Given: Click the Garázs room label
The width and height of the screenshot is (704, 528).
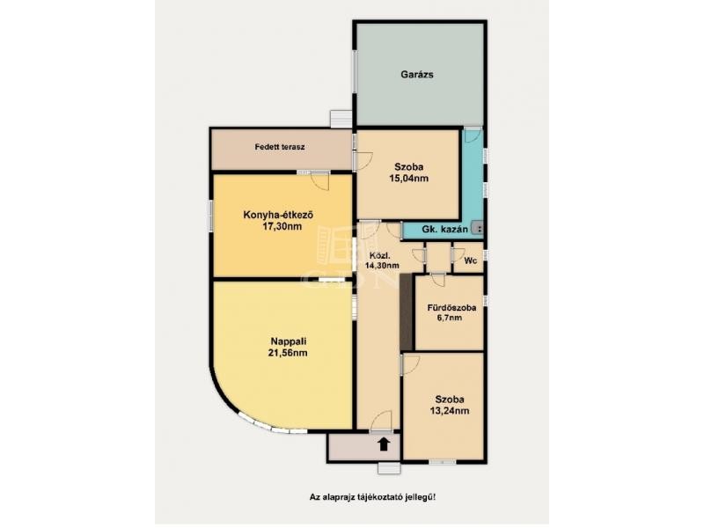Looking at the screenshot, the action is (417, 75).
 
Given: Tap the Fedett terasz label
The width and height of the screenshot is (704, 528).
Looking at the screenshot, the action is (280, 147).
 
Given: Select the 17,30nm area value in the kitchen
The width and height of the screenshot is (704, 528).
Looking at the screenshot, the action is (282, 227).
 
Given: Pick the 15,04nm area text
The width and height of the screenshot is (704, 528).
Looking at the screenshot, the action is (408, 179).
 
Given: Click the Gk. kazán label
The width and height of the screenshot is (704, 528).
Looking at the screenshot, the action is (445, 230).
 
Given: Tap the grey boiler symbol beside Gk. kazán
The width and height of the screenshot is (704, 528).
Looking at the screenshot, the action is (477, 230).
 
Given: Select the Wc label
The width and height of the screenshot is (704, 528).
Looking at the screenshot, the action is (470, 260).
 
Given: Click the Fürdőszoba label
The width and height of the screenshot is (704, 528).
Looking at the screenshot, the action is (451, 309).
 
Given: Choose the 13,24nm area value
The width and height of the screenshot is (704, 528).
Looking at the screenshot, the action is (450, 411).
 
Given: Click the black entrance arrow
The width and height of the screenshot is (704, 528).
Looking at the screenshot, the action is (383, 444).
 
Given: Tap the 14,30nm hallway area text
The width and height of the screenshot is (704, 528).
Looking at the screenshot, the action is (382, 266).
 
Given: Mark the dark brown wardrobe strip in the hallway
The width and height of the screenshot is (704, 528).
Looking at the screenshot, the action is (407, 312).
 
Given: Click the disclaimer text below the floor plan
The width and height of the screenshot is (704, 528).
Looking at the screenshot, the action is (372, 497).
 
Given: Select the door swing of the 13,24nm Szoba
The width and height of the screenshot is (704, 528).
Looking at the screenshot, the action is (410, 364).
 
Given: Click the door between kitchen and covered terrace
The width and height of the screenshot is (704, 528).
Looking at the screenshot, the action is (320, 180).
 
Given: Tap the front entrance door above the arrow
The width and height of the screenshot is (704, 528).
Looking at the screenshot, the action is (381, 422).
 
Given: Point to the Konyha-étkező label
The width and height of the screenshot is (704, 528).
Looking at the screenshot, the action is (278, 215).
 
